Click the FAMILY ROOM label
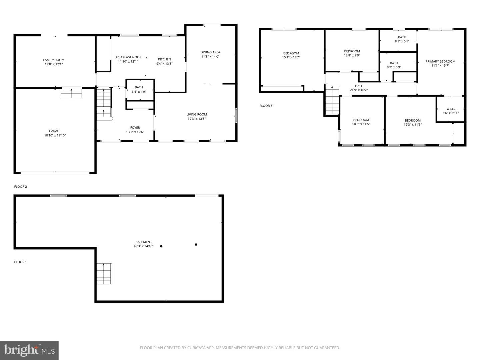[x=54, y=60]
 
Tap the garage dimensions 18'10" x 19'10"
[x=55, y=135]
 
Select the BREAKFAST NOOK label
[x=128, y=57]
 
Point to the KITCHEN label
[x=164, y=59]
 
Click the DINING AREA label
[x=210, y=52]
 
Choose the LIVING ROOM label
[x=197, y=114]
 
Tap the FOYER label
[x=135, y=128]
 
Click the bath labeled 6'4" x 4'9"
[x=139, y=89]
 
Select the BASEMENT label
[x=144, y=242]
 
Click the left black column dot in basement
[x=161, y=246]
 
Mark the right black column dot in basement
[x=196, y=245]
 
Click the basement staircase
[x=104, y=274]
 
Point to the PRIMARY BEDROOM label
[x=440, y=61]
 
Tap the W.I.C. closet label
[x=450, y=109]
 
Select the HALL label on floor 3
[x=359, y=86]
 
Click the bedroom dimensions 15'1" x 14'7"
[x=291, y=57]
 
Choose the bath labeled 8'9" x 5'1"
[x=402, y=39]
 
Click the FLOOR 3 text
[x=266, y=106]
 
